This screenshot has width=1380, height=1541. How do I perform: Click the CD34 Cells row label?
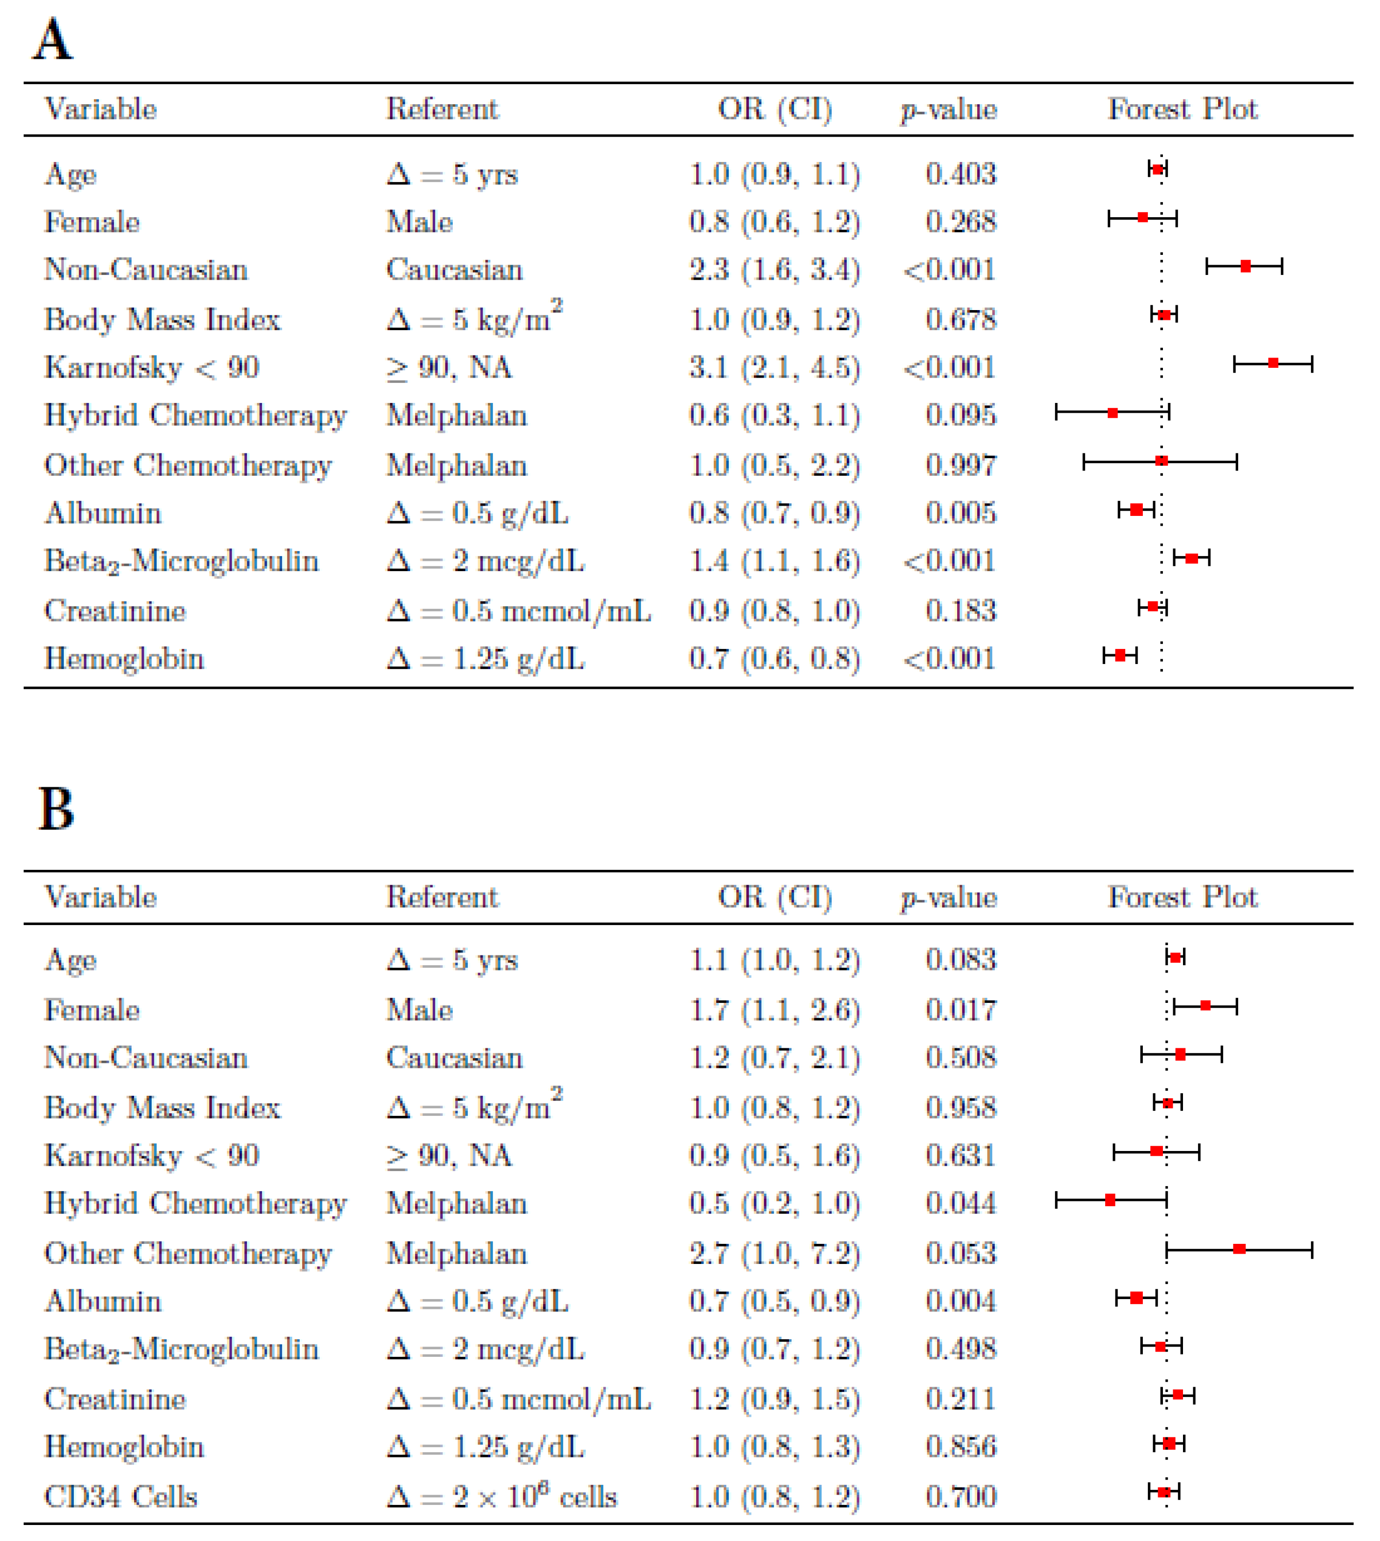(121, 1496)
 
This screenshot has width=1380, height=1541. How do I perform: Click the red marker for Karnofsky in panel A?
(1273, 363)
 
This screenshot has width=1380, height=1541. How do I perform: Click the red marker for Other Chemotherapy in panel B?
(1239, 1248)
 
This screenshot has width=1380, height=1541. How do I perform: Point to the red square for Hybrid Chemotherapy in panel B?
(1110, 1200)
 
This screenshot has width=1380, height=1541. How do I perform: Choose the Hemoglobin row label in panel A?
(124, 658)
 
